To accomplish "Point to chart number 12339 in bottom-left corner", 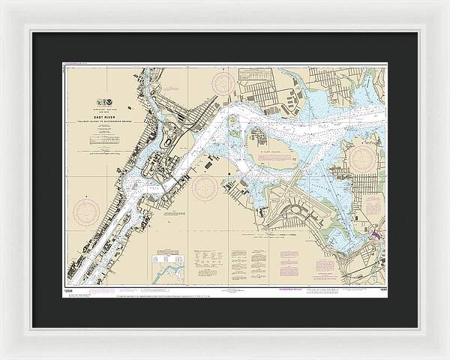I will [68, 289].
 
